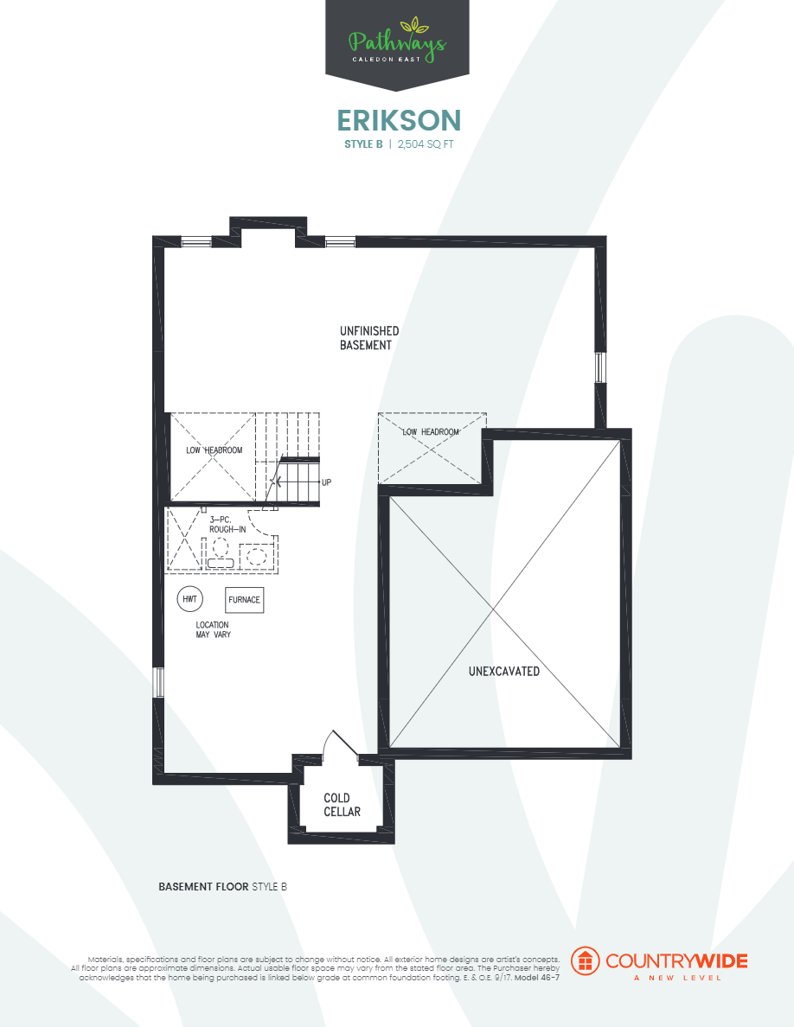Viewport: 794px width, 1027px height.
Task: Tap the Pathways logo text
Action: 397,41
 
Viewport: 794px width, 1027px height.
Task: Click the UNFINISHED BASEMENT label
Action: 368,338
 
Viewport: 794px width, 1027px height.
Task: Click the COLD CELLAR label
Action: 342,805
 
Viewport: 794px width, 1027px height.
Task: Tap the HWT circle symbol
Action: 189,599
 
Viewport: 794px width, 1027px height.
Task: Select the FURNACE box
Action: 244,599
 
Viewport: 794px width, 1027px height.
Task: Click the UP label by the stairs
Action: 326,482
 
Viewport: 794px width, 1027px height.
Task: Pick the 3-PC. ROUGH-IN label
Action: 227,524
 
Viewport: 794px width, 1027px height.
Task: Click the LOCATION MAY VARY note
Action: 213,629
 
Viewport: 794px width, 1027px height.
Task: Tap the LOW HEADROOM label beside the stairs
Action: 214,450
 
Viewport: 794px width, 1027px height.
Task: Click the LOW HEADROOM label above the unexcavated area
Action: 430,431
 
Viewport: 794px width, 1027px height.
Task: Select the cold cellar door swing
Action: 338,744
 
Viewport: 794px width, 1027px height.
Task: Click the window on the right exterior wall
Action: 599,367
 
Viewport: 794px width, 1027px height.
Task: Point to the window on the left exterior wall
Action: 157,683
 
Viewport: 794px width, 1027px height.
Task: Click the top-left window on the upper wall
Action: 196,241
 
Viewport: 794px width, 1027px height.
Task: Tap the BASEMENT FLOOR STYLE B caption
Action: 222,887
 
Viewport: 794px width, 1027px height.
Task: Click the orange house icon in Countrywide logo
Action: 586,960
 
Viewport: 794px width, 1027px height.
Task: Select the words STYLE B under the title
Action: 362,144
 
